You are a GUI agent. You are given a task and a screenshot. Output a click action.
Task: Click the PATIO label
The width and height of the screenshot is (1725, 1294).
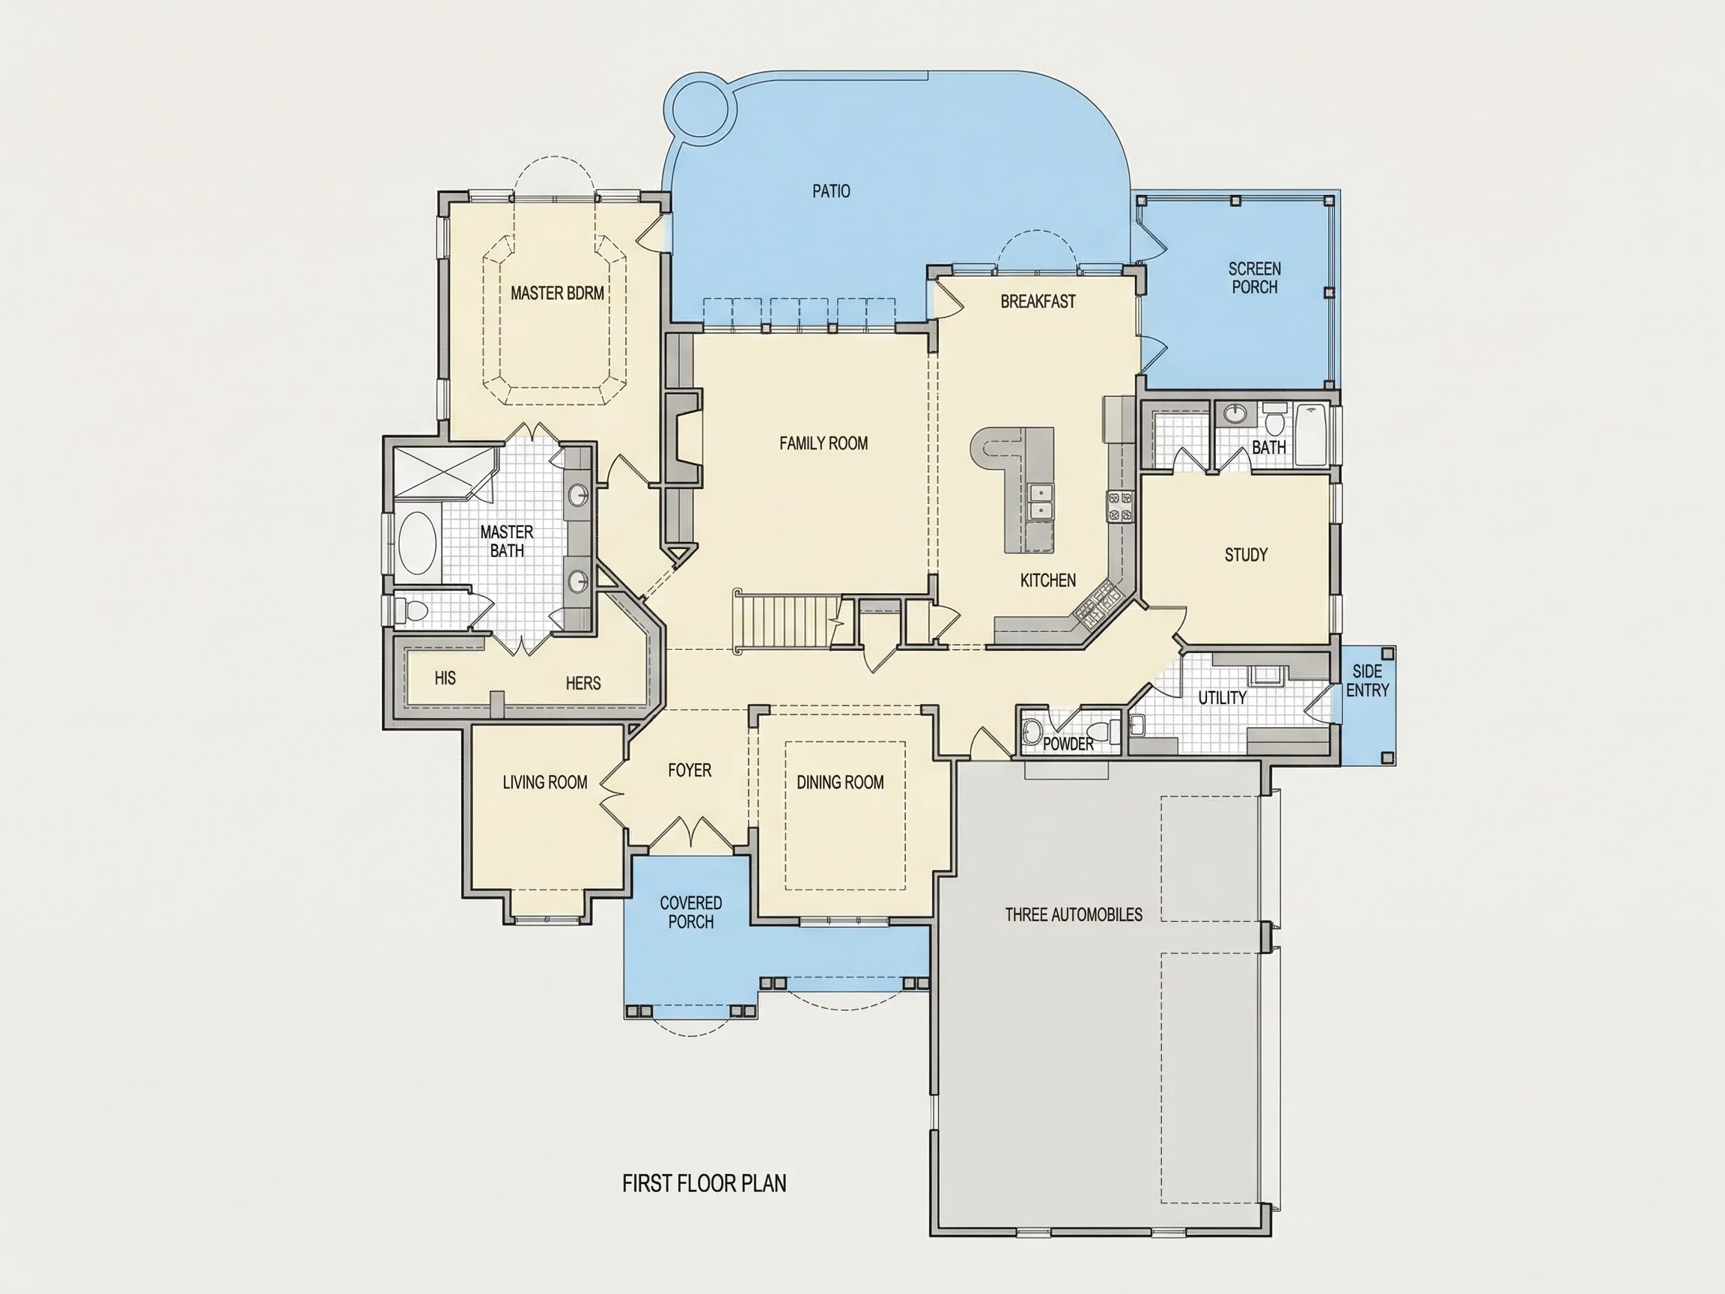pos(831,191)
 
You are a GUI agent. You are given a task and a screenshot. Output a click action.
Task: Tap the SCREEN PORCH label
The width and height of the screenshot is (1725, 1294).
pos(1254,278)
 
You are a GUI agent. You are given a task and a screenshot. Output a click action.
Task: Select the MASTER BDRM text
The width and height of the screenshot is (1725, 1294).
pos(558,294)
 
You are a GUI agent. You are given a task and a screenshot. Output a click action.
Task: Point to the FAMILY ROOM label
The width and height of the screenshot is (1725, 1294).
pos(824,443)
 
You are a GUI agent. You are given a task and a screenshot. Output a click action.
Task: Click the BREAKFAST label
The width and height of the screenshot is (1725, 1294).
pos(1038,301)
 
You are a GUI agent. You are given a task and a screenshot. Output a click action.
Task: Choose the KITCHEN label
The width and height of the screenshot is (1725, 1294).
pos(1048,580)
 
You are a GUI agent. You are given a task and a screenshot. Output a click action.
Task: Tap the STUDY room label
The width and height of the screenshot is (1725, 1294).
pos(1246,555)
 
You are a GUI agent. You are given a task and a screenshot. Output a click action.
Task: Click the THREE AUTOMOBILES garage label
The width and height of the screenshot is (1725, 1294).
pos(1073,914)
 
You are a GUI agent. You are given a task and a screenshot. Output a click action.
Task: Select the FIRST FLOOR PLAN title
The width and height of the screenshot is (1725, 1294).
pos(705,1183)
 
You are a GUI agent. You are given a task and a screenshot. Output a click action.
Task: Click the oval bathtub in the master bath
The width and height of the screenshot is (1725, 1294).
pos(418,544)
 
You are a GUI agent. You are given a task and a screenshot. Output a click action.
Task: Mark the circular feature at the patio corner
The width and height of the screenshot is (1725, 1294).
pos(700,109)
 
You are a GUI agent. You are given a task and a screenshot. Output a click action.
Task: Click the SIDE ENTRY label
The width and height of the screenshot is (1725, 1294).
pos(1367,680)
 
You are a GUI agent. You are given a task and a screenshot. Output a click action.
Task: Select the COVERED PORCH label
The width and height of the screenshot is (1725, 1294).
pos(691,912)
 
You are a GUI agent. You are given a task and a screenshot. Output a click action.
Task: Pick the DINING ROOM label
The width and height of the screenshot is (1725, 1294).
pos(840,783)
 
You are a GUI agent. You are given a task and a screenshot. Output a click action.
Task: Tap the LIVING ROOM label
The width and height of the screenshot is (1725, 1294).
pos(544,783)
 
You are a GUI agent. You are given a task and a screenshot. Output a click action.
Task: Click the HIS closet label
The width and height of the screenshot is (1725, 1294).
pos(445,678)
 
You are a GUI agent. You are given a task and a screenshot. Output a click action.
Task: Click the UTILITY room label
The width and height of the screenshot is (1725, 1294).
pos(1222,698)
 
